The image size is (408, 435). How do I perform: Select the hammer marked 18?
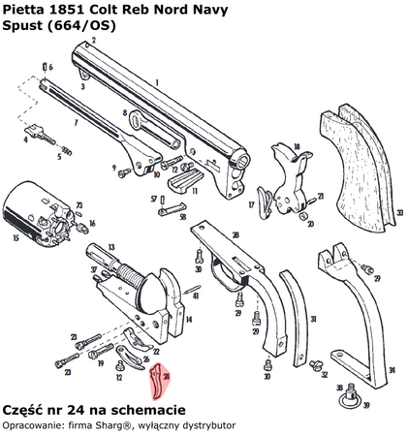(x=287, y=165)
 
